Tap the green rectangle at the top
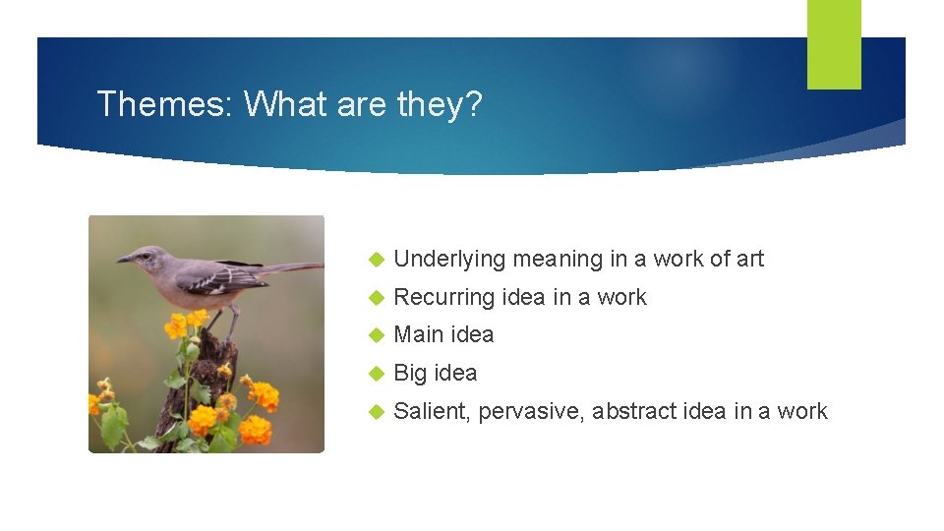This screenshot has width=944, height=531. pos(834,43)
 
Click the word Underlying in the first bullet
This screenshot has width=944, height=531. pos(448,260)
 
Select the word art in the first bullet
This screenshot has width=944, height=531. pos(750,259)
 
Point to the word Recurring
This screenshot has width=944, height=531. pos(443,298)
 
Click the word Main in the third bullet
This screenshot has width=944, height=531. pos(416,334)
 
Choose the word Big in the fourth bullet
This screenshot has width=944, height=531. pos(410,374)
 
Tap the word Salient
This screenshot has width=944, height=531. pos(432,411)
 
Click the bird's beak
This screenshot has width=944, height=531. pos(124,260)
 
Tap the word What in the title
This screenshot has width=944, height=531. pos(285,103)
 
